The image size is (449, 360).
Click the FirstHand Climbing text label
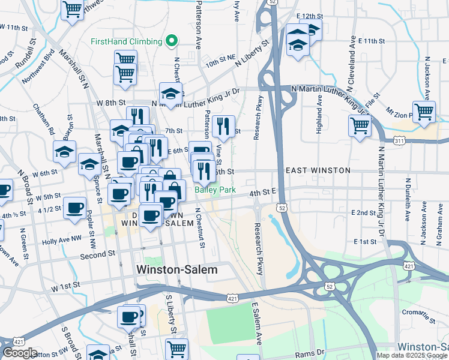click(x=126, y=41)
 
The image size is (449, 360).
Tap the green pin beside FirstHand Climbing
click(x=172, y=41)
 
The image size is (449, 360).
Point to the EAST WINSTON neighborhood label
click(x=318, y=171)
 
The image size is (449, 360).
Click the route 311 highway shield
click(x=399, y=140)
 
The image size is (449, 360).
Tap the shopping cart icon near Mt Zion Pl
click(x=424, y=112)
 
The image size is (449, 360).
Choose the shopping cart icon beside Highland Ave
click(x=360, y=126)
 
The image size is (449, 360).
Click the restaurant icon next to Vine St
click(x=223, y=125)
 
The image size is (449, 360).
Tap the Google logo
click(x=20, y=353)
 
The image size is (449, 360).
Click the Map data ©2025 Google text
click(x=412, y=355)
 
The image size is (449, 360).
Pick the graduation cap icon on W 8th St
click(x=170, y=93)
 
